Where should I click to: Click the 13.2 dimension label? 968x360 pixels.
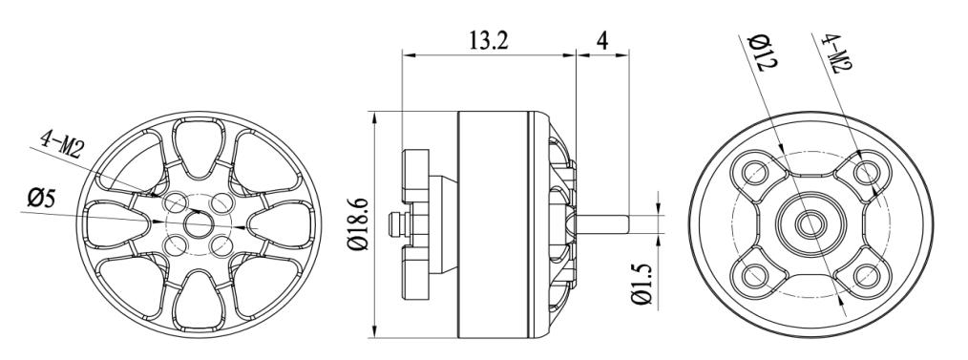pos(489,41)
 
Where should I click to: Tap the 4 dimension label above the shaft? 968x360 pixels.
pos(602,40)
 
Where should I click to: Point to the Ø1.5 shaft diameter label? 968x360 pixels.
pos(642,283)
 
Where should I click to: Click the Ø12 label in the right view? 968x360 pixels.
pos(763,53)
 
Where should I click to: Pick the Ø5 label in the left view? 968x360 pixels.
pos(41,200)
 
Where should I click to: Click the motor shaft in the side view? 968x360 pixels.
pos(602,224)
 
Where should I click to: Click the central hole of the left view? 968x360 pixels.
pos(198,224)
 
